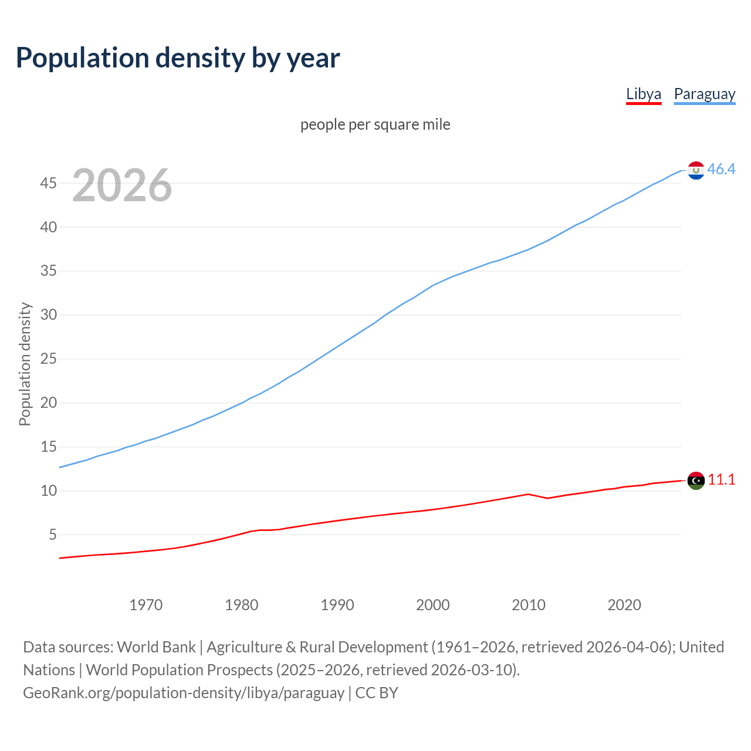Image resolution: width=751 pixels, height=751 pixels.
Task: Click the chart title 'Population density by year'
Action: [178, 58]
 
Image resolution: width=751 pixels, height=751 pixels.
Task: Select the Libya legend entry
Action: [644, 94]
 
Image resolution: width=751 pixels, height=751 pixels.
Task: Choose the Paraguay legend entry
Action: [704, 94]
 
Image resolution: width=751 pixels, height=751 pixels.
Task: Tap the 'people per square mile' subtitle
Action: [375, 124]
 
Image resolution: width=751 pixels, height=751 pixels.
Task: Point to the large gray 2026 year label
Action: [122, 185]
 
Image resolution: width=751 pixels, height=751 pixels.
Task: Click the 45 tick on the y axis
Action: [49, 184]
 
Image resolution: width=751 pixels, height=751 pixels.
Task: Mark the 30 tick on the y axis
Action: [49, 315]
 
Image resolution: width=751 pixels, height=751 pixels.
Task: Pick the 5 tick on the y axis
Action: [53, 535]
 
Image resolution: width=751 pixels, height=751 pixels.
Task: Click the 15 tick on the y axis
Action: [49, 447]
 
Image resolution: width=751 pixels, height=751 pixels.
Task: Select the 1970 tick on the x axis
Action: [146, 605]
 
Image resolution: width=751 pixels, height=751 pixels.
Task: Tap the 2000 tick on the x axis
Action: [433, 605]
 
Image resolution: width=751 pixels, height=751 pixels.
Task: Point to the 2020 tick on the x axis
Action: [624, 605]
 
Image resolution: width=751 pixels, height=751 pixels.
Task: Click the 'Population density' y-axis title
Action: [25, 364]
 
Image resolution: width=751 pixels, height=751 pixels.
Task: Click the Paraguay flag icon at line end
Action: [696, 170]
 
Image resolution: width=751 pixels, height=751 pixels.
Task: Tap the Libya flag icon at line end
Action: [696, 481]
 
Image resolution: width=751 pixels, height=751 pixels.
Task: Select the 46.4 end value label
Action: [721, 169]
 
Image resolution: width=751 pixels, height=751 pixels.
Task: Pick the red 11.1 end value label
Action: [721, 479]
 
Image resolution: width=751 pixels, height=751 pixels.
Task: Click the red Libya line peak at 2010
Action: [529, 494]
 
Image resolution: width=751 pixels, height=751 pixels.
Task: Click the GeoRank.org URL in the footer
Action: [184, 693]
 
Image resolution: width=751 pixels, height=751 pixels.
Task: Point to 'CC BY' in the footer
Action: [377, 693]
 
